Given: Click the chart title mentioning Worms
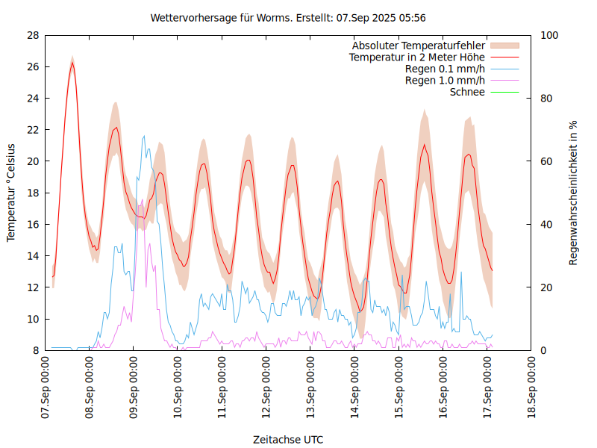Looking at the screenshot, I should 288,17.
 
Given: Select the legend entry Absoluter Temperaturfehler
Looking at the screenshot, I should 419,46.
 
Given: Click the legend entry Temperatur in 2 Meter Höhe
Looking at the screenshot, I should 417,57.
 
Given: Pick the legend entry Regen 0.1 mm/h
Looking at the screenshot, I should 445,69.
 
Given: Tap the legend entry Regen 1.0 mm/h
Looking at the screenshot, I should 445,80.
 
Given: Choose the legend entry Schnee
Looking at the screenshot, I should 467,92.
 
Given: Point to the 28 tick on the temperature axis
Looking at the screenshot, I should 33,35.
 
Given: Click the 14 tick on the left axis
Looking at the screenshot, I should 33,256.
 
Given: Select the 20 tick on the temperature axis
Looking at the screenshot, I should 33,161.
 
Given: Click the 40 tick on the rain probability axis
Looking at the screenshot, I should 546,225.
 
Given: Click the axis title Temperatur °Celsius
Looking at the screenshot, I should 11,193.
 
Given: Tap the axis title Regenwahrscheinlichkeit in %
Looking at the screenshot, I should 574,193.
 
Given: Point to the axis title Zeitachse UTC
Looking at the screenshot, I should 288,439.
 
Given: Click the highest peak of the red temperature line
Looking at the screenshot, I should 72,63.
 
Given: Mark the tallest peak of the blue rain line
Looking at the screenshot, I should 145,136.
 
